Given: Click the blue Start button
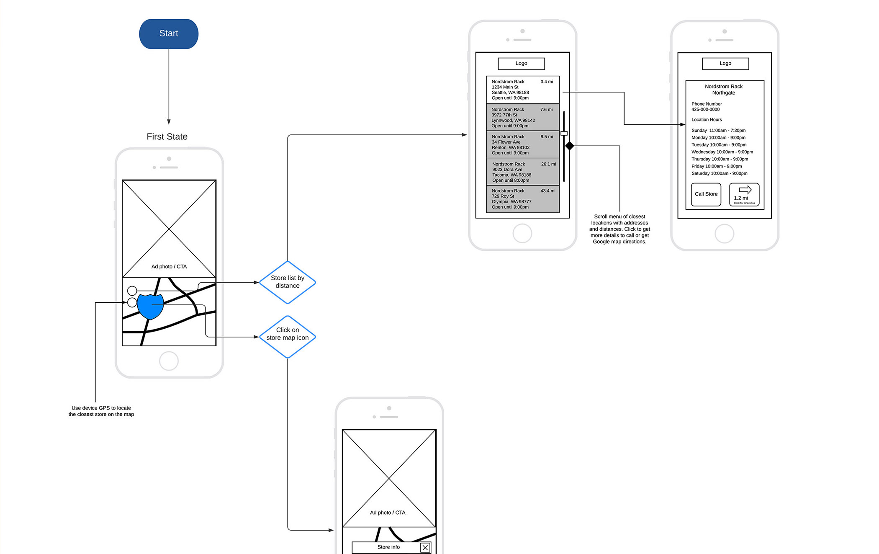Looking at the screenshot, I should click(x=169, y=33).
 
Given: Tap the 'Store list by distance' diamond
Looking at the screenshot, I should click(x=288, y=282).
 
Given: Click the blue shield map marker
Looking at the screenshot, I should click(x=150, y=306).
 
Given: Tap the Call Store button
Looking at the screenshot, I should click(x=706, y=194).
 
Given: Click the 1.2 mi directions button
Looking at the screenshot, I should click(x=744, y=195).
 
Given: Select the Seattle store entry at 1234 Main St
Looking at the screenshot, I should click(x=522, y=90).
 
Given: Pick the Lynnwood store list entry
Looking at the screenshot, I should click(x=522, y=117).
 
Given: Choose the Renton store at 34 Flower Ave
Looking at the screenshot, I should click(x=522, y=144).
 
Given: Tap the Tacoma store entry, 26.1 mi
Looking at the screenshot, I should click(x=522, y=172).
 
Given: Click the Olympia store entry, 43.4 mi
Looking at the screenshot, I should click(x=522, y=199).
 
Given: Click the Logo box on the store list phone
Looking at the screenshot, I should click(x=521, y=64).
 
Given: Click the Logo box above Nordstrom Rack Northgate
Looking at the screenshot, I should click(x=725, y=64).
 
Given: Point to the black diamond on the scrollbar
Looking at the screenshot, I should click(x=569, y=146).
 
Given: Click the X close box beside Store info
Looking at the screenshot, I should click(x=425, y=547).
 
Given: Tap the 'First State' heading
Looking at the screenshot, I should click(x=167, y=137).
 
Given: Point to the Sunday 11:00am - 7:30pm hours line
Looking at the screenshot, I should click(x=718, y=131).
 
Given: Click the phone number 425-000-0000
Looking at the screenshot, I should click(x=705, y=110).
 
